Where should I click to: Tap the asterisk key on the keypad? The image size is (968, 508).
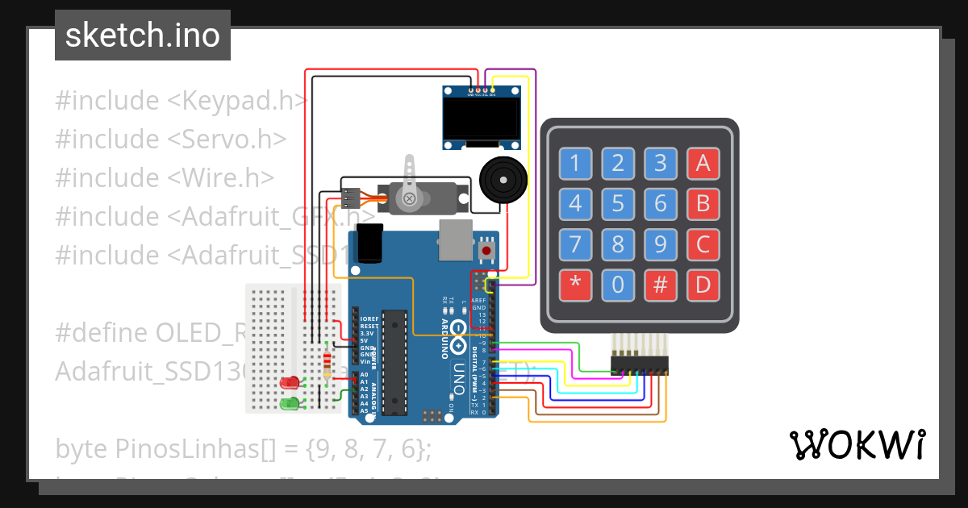(x=575, y=284)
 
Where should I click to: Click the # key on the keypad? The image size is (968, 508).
(x=661, y=284)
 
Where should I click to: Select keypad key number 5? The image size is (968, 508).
(x=618, y=203)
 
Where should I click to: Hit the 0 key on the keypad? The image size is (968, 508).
(x=618, y=284)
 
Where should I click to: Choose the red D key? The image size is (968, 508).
(x=703, y=284)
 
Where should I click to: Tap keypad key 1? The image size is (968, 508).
(x=575, y=164)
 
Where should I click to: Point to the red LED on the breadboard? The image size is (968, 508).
(x=289, y=382)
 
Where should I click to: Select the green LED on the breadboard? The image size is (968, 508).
(x=289, y=402)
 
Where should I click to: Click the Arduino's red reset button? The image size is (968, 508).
(x=486, y=251)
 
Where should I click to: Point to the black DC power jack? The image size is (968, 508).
(x=369, y=244)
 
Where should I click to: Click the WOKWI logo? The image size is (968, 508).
(x=856, y=444)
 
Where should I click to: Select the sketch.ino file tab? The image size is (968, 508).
(x=142, y=35)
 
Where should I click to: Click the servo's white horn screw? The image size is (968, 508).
(x=409, y=198)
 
